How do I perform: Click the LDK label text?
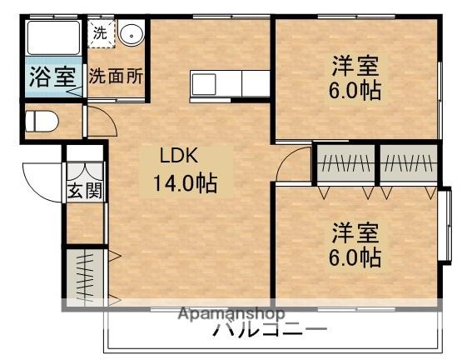click(x=179, y=156)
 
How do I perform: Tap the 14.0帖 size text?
click(x=184, y=182)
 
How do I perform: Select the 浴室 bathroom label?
click(x=52, y=77)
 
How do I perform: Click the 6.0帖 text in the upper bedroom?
click(x=357, y=90)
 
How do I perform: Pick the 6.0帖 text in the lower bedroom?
click(x=357, y=257)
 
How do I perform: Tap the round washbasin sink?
click(x=130, y=35)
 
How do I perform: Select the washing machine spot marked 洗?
click(x=99, y=34)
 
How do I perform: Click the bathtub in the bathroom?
click(x=52, y=38)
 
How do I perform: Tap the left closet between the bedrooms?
click(x=346, y=164)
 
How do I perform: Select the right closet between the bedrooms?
click(x=408, y=164)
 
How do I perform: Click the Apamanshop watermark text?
click(x=233, y=315)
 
